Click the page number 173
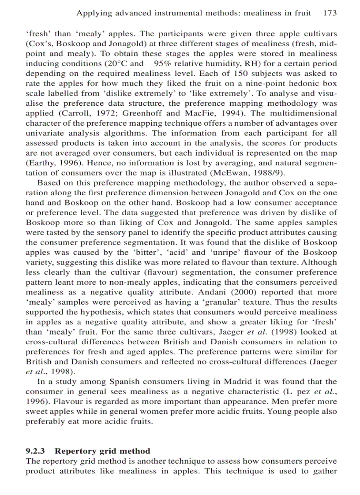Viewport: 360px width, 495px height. click(x=330, y=13)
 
